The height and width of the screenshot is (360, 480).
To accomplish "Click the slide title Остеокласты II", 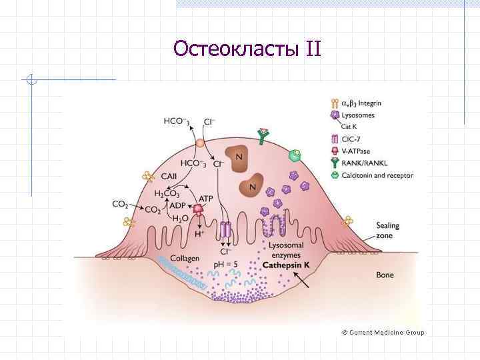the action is coord(247,49).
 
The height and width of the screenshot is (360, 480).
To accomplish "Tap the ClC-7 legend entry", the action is coord(351,139).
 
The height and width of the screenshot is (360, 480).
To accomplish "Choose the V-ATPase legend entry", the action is coord(356,151).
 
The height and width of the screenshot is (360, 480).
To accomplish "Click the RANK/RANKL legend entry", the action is coord(364,163).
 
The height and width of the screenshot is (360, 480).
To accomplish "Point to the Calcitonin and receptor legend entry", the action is coord(377,176).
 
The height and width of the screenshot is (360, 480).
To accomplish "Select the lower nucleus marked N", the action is coord(251,186).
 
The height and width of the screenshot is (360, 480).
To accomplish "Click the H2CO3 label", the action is coord(167,194).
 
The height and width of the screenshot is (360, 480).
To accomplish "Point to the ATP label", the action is coord(206,198).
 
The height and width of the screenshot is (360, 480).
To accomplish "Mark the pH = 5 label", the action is coord(226,265).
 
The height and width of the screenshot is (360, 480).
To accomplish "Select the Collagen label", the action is coord(185,259).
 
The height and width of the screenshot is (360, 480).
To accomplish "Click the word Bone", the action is coord(385,274).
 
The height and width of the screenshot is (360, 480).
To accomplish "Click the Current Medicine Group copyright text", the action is coord(383,332).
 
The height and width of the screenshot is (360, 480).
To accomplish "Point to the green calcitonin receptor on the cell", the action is coord(295,155).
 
